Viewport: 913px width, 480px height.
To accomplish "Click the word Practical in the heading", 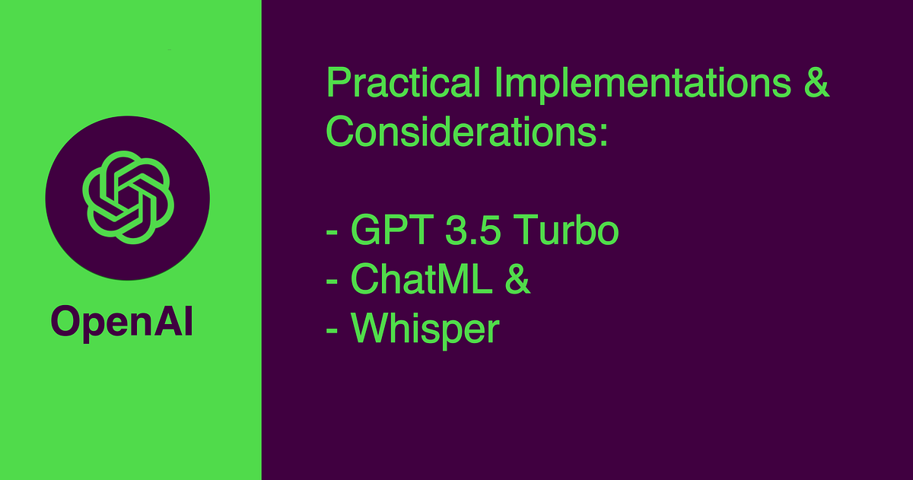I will pos(403,84).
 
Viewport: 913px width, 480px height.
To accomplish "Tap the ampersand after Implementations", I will pos(816,84).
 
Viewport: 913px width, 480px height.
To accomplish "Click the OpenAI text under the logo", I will pos(122,323).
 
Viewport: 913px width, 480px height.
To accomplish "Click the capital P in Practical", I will pos(337,84).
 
